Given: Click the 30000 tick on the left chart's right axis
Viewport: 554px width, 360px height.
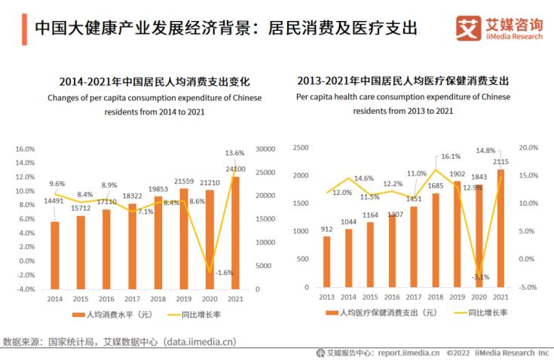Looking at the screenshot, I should click(x=265, y=149).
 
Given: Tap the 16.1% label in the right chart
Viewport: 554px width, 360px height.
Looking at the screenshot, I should click(x=450, y=157).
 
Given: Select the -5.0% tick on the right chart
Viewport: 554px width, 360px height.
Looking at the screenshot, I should click(x=527, y=287).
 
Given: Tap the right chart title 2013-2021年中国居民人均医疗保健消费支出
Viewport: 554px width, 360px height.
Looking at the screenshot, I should click(x=402, y=80).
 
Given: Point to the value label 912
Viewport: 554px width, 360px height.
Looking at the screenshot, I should click(x=326, y=230).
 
